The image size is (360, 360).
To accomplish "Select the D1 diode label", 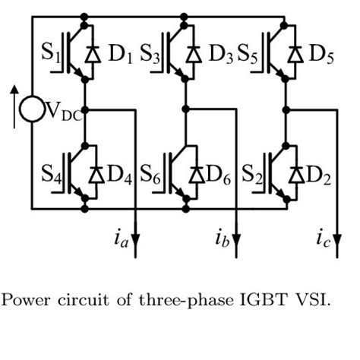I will coord(120,55).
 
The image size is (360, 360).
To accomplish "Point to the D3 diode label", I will coord(221,55).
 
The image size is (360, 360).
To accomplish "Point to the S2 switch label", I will coord(252,175).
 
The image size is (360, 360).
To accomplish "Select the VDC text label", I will coord(64,112).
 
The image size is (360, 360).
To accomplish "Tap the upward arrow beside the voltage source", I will coord(13,103).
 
